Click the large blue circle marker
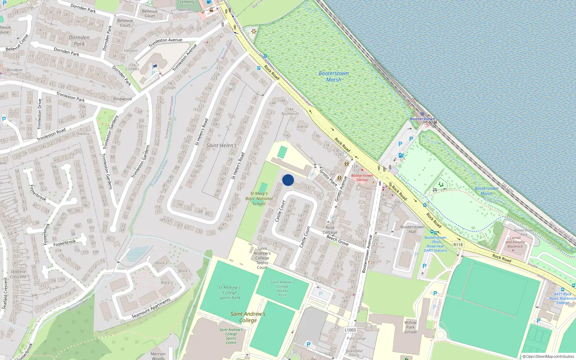pos(288,180)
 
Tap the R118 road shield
pos(458,245)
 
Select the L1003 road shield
pos(350,330)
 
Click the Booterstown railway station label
pos(422,119)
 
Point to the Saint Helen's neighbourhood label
pos(221,145)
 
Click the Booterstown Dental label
pos(362,177)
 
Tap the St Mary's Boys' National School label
pos(259,198)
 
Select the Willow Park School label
pos(410,327)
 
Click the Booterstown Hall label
pos(412,229)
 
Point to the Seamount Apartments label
pos(151,308)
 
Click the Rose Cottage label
pos(330,230)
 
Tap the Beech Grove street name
pos(337,240)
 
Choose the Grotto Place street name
pos(328,177)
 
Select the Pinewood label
pos(122,99)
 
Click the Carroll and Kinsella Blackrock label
pos(516,242)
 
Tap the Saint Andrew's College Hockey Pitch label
pos(282,289)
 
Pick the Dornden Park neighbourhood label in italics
pos(79,41)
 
